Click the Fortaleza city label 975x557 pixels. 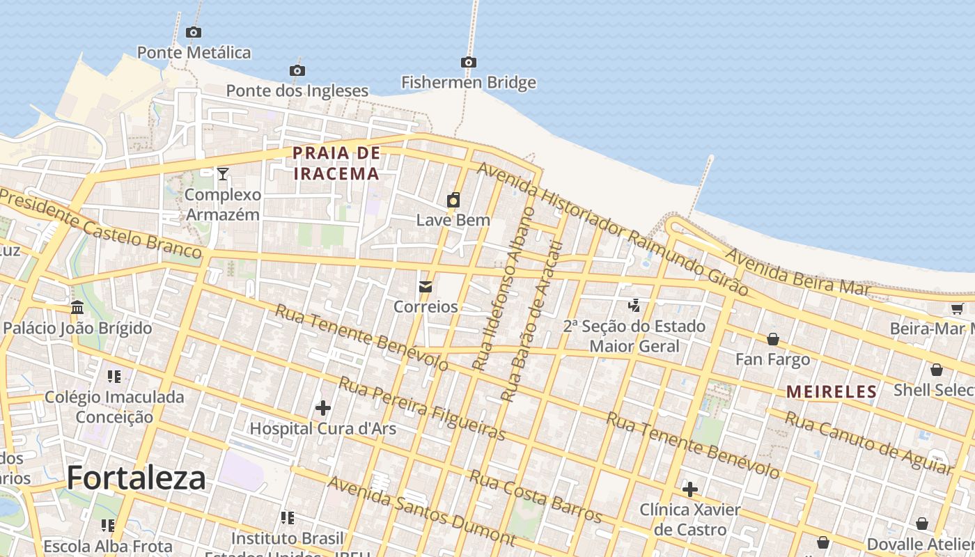pyautogui.click(x=136, y=478)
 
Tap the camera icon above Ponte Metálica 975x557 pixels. pyautogui.click(x=194, y=32)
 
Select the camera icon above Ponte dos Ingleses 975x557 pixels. pyautogui.click(x=297, y=70)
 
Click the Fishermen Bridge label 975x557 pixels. pyautogui.click(x=469, y=82)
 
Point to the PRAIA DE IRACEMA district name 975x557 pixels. pyautogui.click(x=336, y=163)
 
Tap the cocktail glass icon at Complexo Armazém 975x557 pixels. pyautogui.click(x=223, y=173)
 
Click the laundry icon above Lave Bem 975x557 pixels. pyautogui.click(x=453, y=201)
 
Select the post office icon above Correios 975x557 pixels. pyautogui.click(x=426, y=287)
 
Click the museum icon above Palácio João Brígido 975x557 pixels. pyautogui.click(x=77, y=307)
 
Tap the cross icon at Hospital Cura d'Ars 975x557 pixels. pyautogui.click(x=322, y=407)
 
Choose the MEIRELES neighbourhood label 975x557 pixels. pyautogui.click(x=832, y=392)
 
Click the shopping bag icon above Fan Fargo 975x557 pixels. pyautogui.click(x=773, y=339)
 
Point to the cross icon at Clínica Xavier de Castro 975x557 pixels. pyautogui.click(x=690, y=489)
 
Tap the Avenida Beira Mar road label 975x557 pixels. pyautogui.click(x=797, y=272)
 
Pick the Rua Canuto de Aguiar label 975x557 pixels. pyautogui.click(x=868, y=442)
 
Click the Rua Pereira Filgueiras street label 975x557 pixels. pyautogui.click(x=422, y=408)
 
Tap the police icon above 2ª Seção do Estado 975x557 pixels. pyautogui.click(x=634, y=305)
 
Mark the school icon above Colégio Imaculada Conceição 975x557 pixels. pyautogui.click(x=114, y=377)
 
